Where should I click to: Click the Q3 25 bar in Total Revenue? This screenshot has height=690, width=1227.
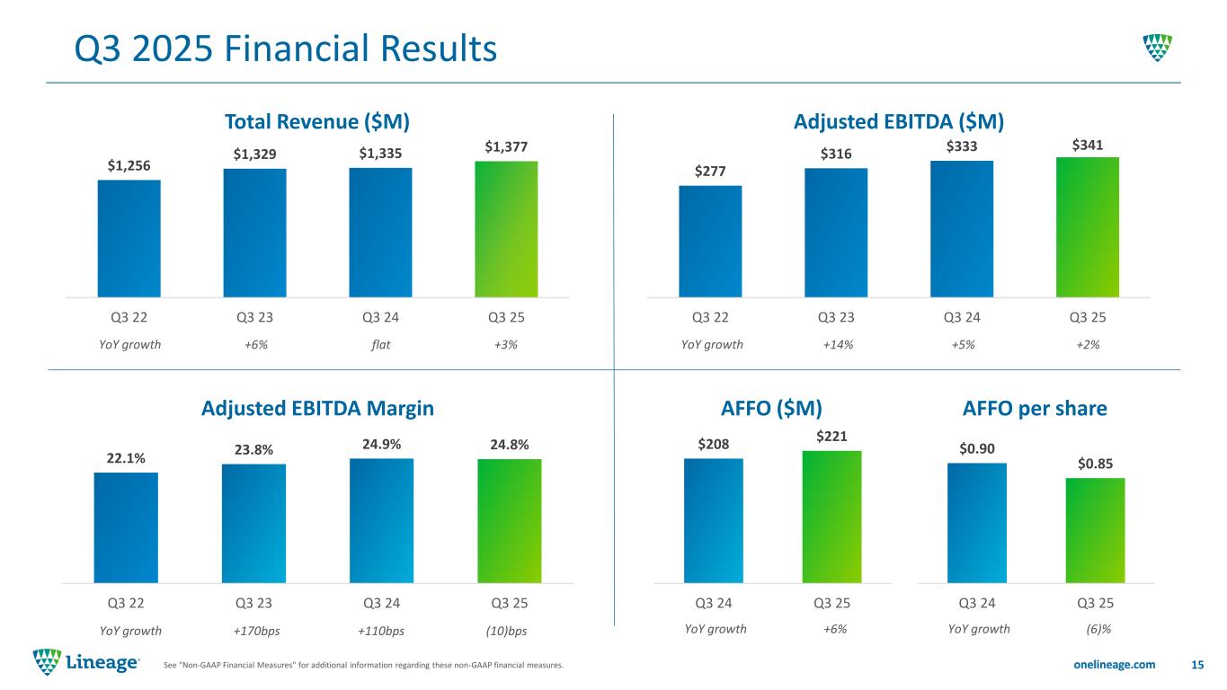506,229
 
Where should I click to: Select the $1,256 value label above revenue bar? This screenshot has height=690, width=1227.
129,165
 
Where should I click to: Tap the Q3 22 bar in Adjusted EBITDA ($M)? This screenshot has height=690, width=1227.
710,241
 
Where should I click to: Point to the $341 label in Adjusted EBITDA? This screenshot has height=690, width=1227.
1087,144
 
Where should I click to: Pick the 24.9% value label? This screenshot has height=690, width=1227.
381,444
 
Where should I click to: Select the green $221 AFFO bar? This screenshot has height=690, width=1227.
831,516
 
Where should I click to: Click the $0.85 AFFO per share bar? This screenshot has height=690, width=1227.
1095,530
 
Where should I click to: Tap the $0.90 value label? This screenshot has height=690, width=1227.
976,447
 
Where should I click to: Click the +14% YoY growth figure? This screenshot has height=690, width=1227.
838,344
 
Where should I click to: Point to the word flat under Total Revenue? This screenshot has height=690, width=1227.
380,344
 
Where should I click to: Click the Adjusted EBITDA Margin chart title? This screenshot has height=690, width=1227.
318,408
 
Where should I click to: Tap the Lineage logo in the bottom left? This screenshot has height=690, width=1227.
86,663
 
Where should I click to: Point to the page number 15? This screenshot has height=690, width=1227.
1196,664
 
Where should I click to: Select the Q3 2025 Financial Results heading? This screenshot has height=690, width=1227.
286,49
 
